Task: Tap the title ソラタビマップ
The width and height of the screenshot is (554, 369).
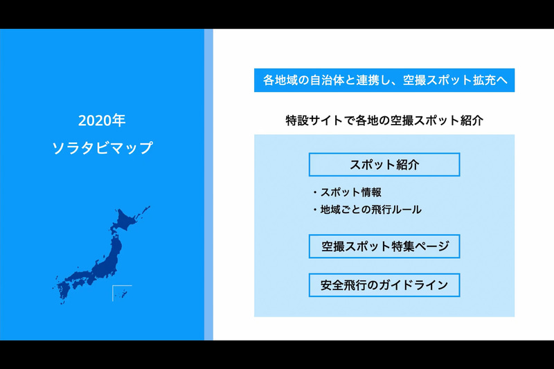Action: (x=102, y=147)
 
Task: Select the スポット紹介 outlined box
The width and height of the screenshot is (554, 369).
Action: (x=384, y=165)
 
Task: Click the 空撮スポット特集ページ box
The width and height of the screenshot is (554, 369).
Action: (x=384, y=246)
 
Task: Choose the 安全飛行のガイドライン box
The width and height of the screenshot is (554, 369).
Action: (x=384, y=285)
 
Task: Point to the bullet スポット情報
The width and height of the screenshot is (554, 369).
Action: (x=350, y=192)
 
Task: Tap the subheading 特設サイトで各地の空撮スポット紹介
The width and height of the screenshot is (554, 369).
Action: (x=384, y=120)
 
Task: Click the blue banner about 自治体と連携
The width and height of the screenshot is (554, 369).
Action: (x=384, y=80)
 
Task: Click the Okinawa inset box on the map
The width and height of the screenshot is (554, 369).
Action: (x=122, y=293)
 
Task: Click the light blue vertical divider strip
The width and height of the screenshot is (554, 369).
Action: (x=208, y=184)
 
